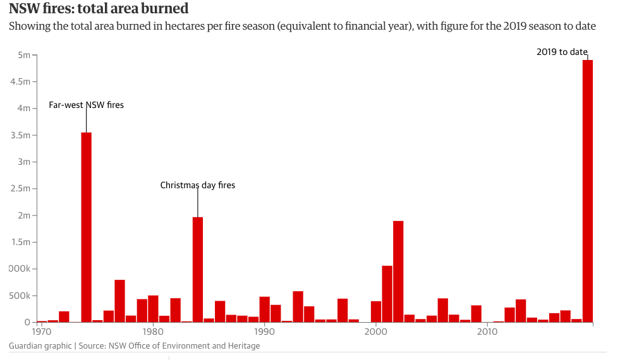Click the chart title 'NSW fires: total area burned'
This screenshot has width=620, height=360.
pos(98,9)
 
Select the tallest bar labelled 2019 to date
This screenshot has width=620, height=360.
pos(587,189)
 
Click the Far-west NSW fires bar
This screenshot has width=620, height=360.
pos(87,227)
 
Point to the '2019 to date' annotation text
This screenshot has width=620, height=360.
pos(562,52)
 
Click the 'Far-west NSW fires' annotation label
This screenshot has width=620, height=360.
pos(86,105)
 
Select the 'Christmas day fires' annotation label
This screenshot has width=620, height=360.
pos(197,185)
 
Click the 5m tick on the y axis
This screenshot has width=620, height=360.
pos(23,55)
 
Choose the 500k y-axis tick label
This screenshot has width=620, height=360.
pos(19,296)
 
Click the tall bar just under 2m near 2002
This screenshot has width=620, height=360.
pos(398,272)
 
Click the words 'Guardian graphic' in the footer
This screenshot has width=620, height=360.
pos(40,345)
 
